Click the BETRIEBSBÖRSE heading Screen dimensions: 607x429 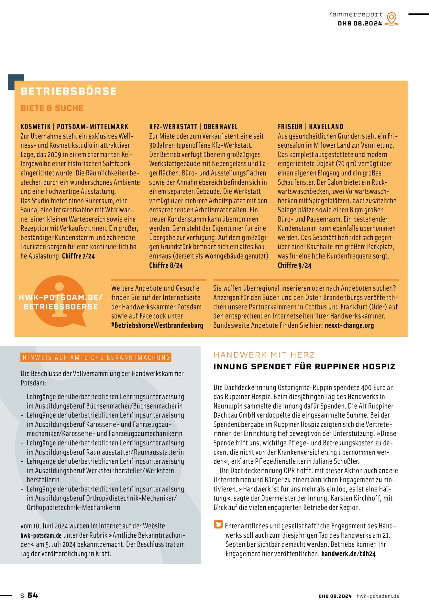click(69, 91)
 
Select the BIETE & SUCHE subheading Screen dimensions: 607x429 click(52, 108)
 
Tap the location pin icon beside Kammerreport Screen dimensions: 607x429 click(392, 19)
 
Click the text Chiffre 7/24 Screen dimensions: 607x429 click(78, 256)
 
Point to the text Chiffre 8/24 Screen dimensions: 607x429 click(166, 265)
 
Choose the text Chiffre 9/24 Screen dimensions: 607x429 click(294, 265)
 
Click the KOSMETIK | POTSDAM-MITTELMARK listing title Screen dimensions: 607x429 click(74, 127)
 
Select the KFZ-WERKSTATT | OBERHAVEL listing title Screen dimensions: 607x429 click(193, 127)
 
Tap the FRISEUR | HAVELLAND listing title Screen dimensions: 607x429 click(311, 127)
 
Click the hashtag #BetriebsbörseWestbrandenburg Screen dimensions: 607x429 click(157, 325)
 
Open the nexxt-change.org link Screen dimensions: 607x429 click(349, 325)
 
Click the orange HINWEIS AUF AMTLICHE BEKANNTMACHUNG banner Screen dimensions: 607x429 click(96, 357)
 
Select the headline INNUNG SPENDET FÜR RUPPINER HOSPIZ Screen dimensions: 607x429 click(304, 366)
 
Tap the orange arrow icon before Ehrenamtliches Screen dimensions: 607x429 click(218, 524)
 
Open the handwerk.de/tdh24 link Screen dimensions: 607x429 click(348, 554)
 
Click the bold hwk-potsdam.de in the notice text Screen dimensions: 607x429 click(41, 535)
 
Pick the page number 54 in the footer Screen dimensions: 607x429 click(33, 595)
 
